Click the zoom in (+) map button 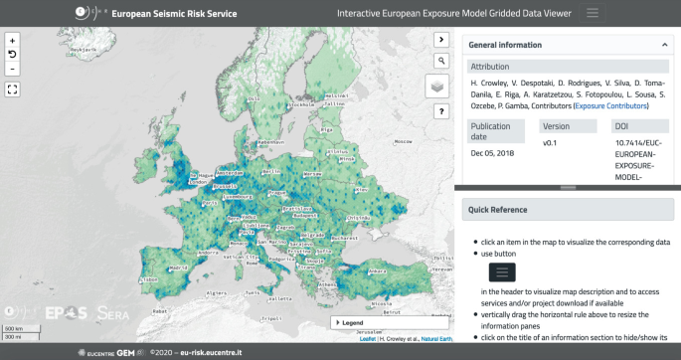click(x=12, y=41)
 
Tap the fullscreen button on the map click(x=12, y=89)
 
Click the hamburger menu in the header click(x=593, y=13)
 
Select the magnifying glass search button click(x=439, y=61)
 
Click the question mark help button click(x=439, y=111)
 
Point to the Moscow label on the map click(x=404, y=142)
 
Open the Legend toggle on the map click(x=354, y=322)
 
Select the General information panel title click(x=505, y=45)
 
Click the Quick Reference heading click(x=498, y=210)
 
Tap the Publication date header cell click(x=491, y=131)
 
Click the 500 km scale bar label click(x=13, y=328)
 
